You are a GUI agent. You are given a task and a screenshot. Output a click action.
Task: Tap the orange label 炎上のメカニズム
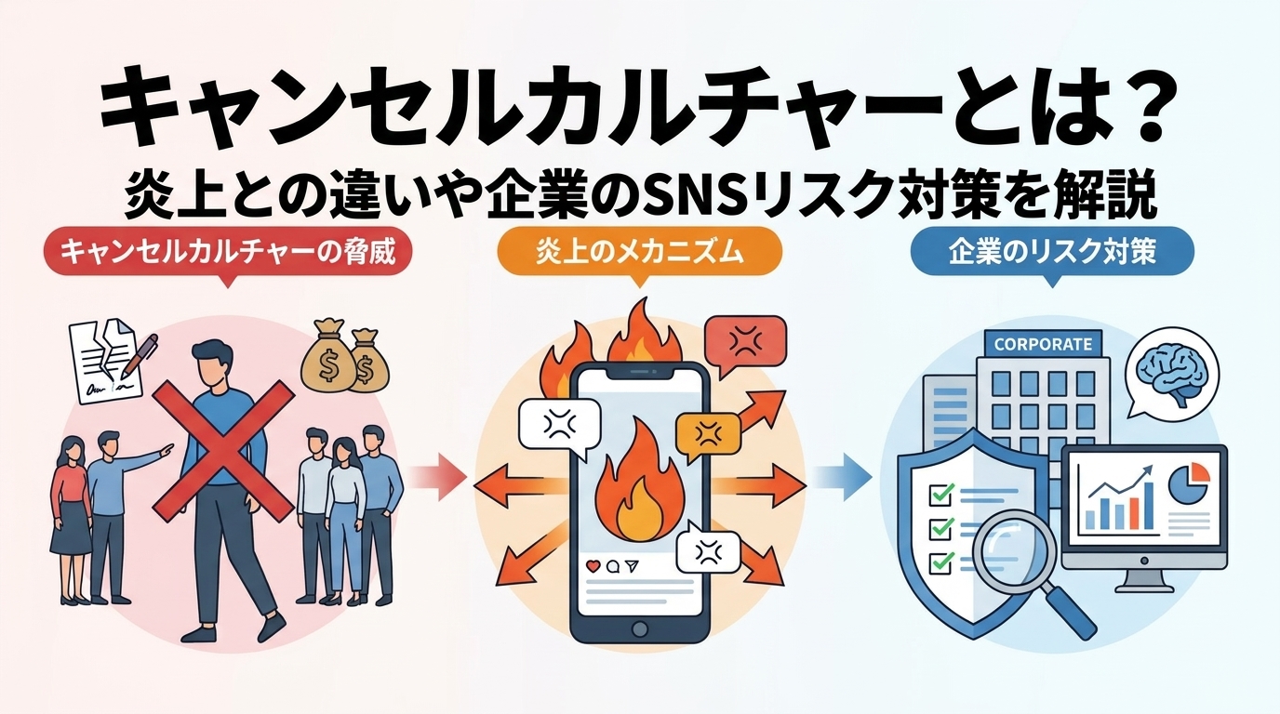tap(639, 253)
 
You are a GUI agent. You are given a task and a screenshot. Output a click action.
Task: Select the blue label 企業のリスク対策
tap(1052, 253)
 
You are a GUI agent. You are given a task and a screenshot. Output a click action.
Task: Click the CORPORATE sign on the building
tap(1044, 344)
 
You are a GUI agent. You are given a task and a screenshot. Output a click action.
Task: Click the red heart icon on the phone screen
tap(593, 565)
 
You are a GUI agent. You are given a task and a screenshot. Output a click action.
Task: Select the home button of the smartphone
tap(640, 629)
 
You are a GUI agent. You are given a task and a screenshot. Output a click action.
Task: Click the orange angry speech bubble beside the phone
tap(708, 437)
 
